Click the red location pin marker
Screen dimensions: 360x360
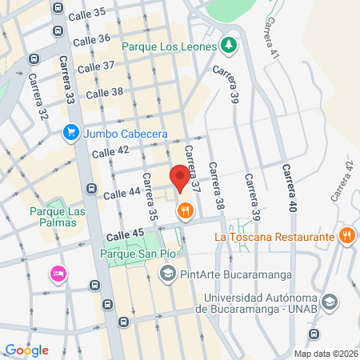(180, 176)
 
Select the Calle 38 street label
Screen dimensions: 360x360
(104, 93)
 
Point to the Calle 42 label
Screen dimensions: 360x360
(110, 150)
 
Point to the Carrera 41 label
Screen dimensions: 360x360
(274, 38)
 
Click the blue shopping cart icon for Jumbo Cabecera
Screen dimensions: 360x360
(71, 134)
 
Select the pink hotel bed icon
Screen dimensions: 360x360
(58, 274)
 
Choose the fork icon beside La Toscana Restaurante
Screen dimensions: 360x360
(346, 236)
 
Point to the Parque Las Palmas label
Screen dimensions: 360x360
(52, 217)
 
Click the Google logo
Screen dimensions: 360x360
(26, 350)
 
